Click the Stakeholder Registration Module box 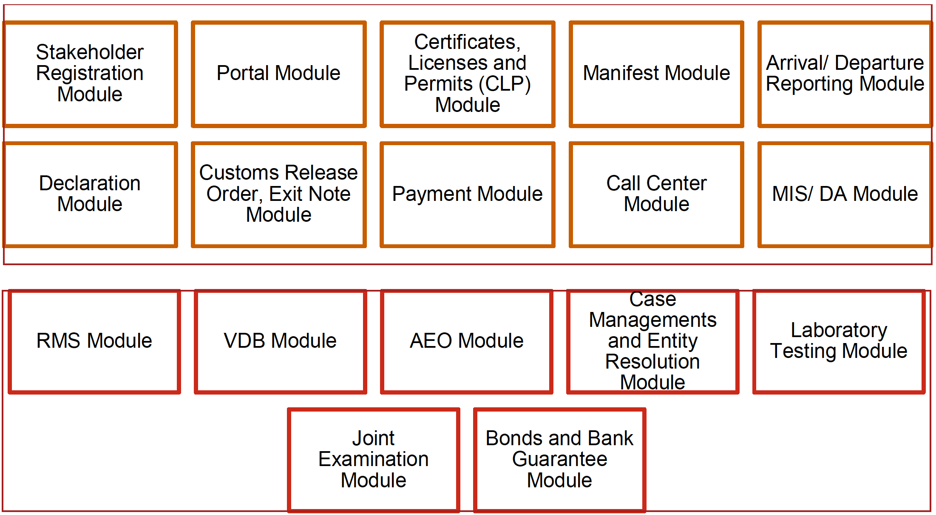90,74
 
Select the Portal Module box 279,74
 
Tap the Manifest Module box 656,74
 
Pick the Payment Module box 468,195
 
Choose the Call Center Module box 656,195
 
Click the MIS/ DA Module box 845,195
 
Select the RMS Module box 94,341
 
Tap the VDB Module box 281,341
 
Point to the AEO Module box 467,341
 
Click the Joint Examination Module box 374,460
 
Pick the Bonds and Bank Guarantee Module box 560,460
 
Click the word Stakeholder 90,52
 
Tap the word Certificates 467,42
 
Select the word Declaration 90,183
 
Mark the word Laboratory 839,330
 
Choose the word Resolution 652,362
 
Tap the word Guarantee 560,459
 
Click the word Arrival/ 797,63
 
